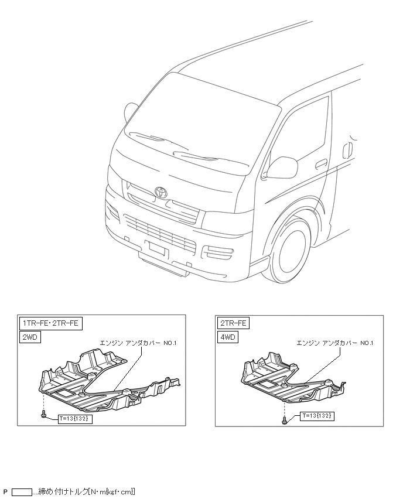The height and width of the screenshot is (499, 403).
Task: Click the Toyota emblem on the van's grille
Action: (161, 192)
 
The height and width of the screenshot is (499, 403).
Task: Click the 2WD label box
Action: (30, 337)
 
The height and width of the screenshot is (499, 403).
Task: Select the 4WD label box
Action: (228, 337)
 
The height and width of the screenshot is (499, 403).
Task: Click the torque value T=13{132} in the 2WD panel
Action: (76, 419)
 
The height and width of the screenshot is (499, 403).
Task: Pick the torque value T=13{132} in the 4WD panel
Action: (317, 416)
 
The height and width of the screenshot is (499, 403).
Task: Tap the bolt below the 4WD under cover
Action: (284, 419)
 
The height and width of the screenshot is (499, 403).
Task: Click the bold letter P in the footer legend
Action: (5, 491)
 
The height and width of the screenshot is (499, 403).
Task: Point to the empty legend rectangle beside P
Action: (22, 491)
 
